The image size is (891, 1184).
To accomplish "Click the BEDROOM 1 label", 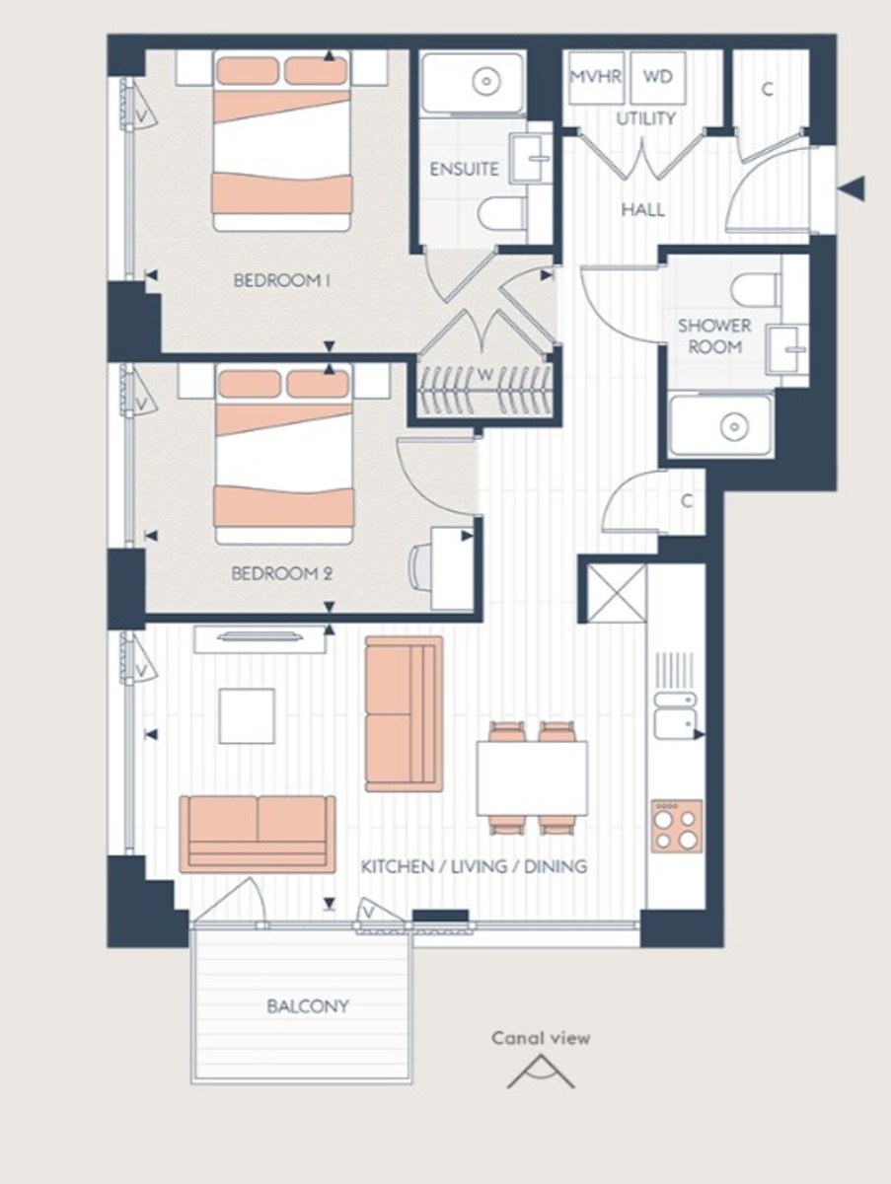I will click(281, 281).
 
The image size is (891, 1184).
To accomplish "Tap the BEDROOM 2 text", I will click(281, 573).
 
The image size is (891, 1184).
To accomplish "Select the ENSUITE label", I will click(464, 169).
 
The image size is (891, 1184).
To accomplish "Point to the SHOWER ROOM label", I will click(714, 335).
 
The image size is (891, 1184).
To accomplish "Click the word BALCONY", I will click(307, 1006).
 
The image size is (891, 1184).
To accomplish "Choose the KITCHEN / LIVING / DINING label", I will click(474, 866).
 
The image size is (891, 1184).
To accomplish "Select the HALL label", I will click(642, 209).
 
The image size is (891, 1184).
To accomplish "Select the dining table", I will click(533, 778).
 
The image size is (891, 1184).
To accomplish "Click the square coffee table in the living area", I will click(247, 715).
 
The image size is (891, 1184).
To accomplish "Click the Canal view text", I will click(541, 1037).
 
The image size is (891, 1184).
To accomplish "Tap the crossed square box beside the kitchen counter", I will click(617, 593).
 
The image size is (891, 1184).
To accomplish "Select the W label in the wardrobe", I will click(484, 374).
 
